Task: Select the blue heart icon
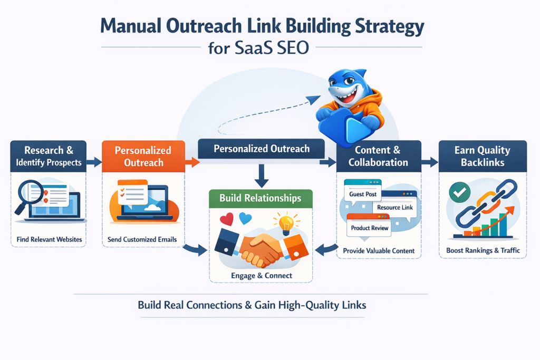pyautogui.click(x=245, y=218)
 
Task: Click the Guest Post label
pyautogui.click(x=363, y=194)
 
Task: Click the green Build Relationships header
pyautogui.click(x=262, y=198)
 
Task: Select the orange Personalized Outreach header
pyautogui.click(x=143, y=156)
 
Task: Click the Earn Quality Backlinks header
pyautogui.click(x=483, y=156)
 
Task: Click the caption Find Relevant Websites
pyautogui.click(x=49, y=240)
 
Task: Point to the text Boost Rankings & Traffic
pyautogui.click(x=483, y=250)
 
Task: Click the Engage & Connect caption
pyautogui.click(x=262, y=275)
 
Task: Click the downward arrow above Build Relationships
pyautogui.click(x=262, y=175)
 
